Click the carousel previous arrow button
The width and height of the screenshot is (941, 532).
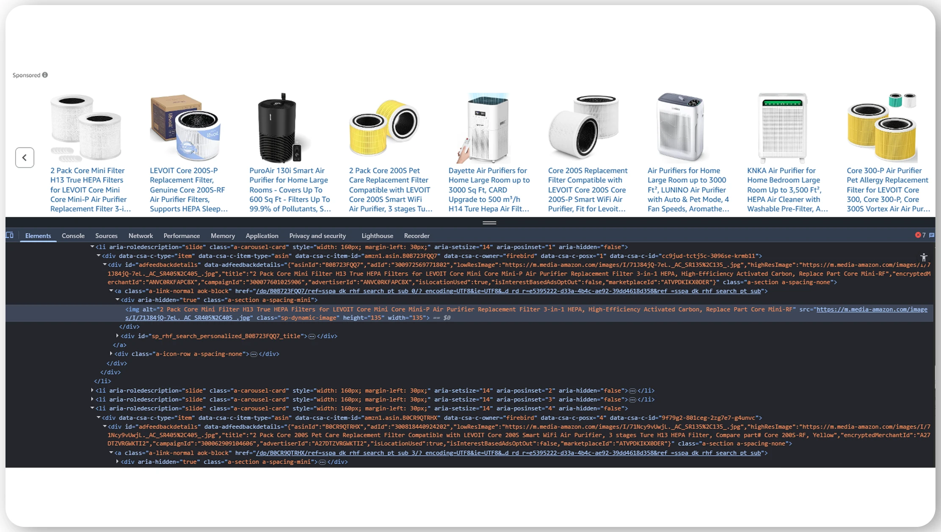[x=25, y=157]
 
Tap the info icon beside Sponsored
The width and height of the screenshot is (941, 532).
[x=45, y=75]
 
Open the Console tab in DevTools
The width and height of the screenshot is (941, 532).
[x=73, y=236]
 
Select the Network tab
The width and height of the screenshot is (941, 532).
[x=141, y=236]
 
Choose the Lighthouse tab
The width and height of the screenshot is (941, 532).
[x=377, y=236]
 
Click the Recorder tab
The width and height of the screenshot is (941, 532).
[x=417, y=236]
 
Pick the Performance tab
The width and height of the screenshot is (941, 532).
[x=182, y=236]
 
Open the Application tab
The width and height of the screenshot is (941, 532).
[x=262, y=236]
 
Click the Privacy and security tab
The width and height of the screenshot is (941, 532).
[x=317, y=236]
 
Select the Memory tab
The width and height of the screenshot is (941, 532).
[x=223, y=236]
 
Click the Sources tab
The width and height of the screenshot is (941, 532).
[x=106, y=236]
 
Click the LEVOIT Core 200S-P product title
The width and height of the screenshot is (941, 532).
[x=189, y=190]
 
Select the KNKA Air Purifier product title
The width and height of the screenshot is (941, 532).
[x=787, y=190]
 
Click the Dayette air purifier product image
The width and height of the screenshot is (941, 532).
[x=487, y=128]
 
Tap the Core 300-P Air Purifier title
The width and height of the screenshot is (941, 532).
[x=888, y=190]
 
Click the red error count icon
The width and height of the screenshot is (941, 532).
[x=918, y=235]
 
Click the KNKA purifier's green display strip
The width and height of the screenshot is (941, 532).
[x=782, y=103]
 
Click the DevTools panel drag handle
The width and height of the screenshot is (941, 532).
[x=489, y=223]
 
